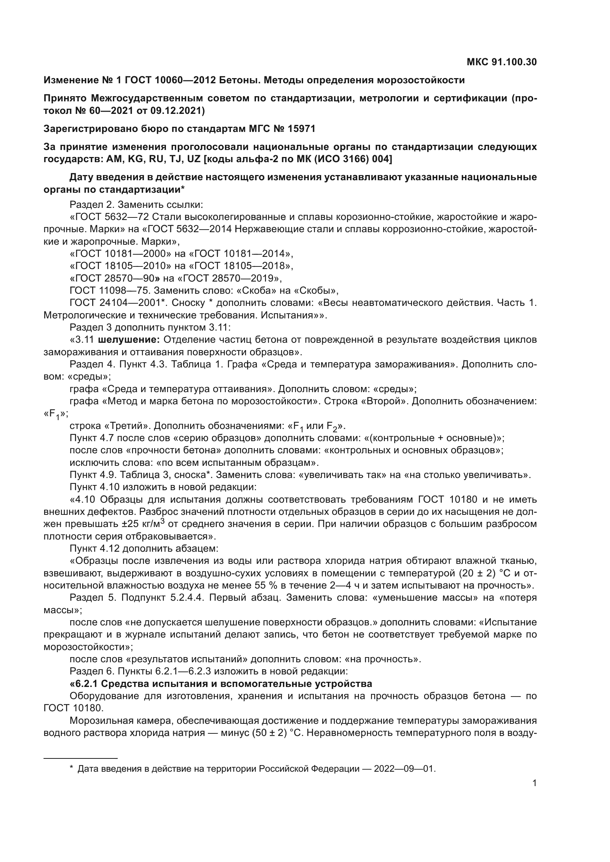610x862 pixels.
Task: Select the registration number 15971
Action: [302, 129]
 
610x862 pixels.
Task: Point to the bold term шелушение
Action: [129, 340]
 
